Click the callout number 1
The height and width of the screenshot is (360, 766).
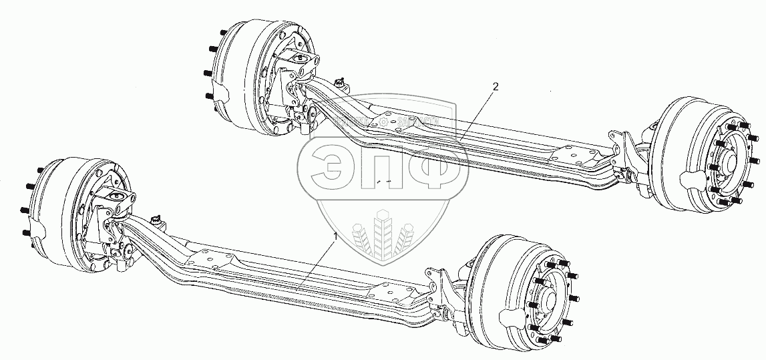click(337, 236)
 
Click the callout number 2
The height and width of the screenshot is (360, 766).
click(495, 86)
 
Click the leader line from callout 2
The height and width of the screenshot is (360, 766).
click(477, 113)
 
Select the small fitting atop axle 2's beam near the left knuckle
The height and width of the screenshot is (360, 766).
click(343, 83)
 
